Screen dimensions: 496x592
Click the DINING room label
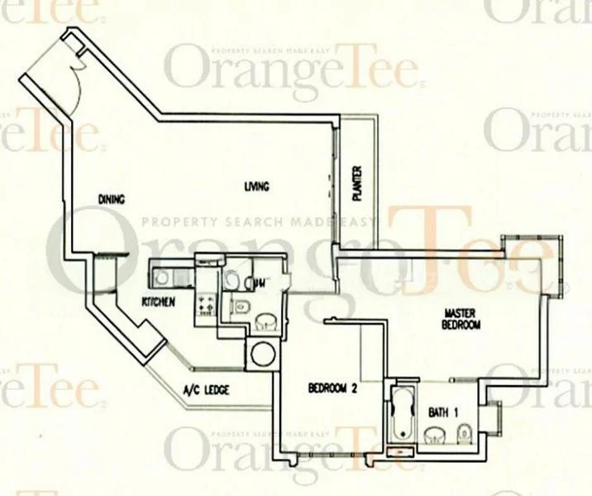(x=110, y=199)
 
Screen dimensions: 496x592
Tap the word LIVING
(x=257, y=187)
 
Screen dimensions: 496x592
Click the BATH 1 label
(x=443, y=411)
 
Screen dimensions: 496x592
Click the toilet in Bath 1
(x=465, y=433)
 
